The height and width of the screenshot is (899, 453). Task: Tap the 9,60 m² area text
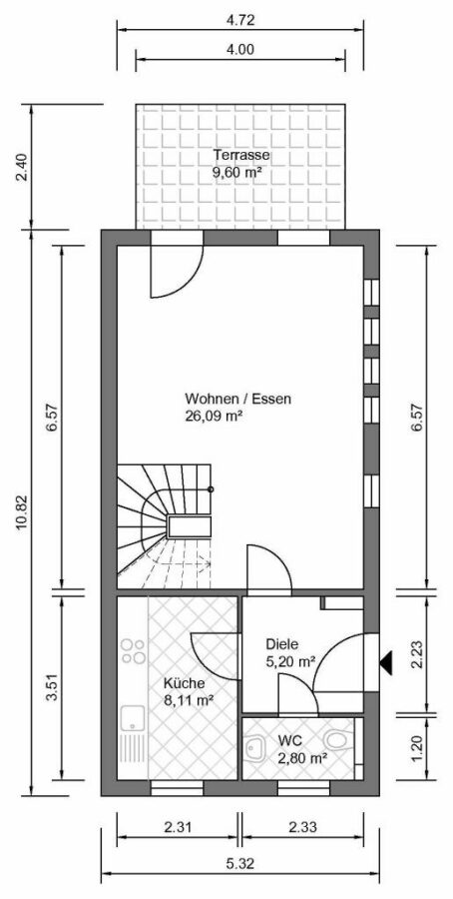tap(233, 172)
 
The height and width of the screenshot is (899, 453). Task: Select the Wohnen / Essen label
tap(237, 399)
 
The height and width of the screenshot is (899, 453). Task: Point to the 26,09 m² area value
tap(212, 416)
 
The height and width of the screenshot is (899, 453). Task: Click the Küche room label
tap(184, 683)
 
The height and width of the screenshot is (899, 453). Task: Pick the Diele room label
tap(281, 644)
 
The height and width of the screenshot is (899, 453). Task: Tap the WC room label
tap(289, 739)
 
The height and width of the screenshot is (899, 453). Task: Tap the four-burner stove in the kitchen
tap(133, 651)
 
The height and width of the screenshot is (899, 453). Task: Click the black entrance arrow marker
tap(386, 662)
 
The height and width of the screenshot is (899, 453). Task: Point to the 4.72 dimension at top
tap(240, 21)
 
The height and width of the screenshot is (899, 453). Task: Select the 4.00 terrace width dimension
tap(239, 49)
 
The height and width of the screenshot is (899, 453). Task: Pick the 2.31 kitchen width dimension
tap(178, 827)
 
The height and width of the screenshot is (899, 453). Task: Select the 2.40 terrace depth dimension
tap(22, 168)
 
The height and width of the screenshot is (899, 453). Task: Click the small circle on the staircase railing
tap(211, 489)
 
